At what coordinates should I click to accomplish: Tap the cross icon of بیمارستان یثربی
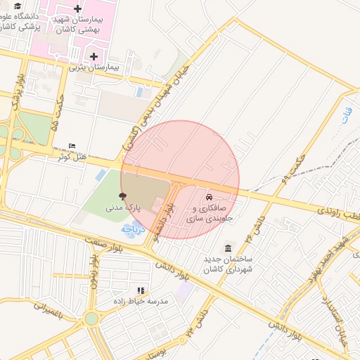pos(93,56)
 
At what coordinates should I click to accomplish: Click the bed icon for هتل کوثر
pos(72,146)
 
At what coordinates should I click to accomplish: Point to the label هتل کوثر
pos(72,156)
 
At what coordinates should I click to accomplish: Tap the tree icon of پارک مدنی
pos(124,198)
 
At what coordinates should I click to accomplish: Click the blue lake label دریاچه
pos(133,229)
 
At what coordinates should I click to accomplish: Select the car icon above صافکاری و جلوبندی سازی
pos(209,196)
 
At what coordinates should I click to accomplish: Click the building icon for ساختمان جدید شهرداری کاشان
pos(229,248)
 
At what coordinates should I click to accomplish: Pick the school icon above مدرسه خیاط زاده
pos(141,290)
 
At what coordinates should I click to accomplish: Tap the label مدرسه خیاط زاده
pos(141,300)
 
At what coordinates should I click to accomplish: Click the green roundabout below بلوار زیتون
pos(91,319)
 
